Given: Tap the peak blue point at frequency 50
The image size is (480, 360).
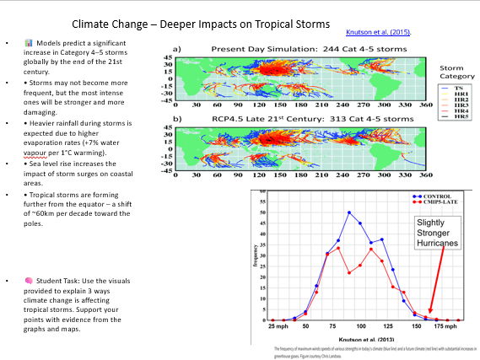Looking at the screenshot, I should tap(349, 212).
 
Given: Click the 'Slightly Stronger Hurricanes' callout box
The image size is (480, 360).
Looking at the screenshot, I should tap(438, 233).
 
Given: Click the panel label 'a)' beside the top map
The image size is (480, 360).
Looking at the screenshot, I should tap(178, 50).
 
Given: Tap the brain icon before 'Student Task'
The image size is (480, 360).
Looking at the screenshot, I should tap(29, 279).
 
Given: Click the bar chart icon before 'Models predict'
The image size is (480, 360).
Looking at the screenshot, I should tap(29, 41).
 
